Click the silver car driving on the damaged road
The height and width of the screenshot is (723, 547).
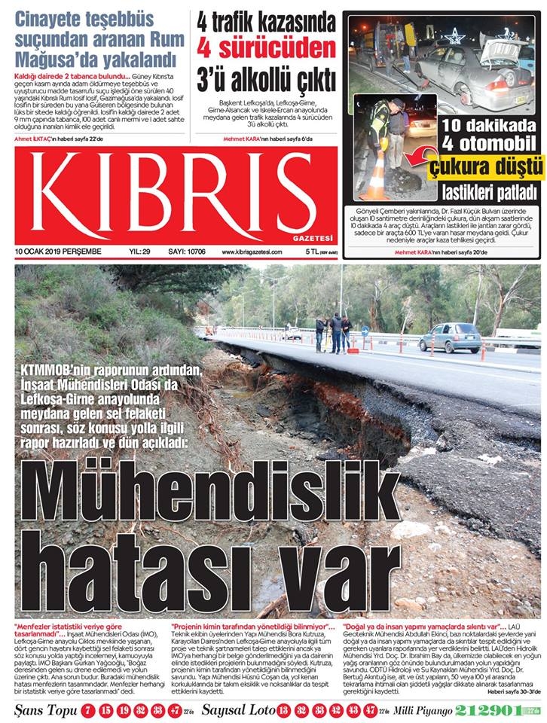(x=450, y=337)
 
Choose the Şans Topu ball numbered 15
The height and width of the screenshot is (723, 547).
(x=104, y=710)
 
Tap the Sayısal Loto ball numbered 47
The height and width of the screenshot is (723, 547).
(x=369, y=710)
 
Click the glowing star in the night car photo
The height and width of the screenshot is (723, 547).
(x=454, y=35)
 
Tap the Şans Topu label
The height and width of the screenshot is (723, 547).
(x=41, y=710)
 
